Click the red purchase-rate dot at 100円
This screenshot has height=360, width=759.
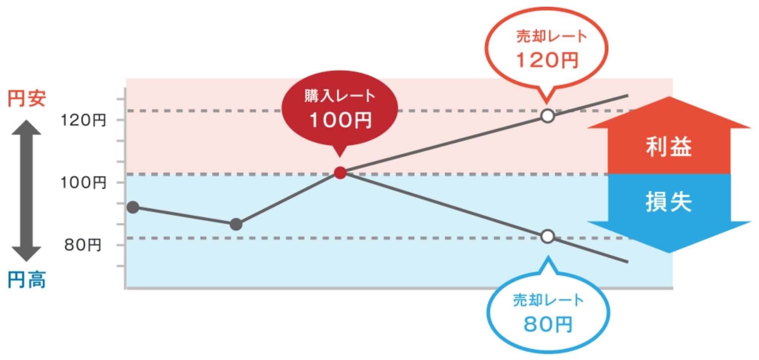pyautogui.click(x=340, y=173)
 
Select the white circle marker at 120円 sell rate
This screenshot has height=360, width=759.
pyautogui.click(x=548, y=116)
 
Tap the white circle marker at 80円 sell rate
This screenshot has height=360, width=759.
pyautogui.click(x=548, y=237)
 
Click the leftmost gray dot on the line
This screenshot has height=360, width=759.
pyautogui.click(x=133, y=208)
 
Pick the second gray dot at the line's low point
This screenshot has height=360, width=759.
pyautogui.click(x=236, y=224)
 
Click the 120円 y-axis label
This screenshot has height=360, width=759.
pyautogui.click(x=84, y=120)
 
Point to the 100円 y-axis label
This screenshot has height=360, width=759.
pyautogui.click(x=84, y=182)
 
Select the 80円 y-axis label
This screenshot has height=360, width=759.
pyautogui.click(x=83, y=245)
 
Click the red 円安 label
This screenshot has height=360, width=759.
pyautogui.click(x=27, y=99)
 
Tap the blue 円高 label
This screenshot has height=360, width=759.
pyautogui.click(x=27, y=280)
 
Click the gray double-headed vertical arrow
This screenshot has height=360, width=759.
pyautogui.click(x=26, y=190)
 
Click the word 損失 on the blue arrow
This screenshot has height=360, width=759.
pyautogui.click(x=669, y=202)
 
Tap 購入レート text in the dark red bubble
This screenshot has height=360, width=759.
pyautogui.click(x=340, y=96)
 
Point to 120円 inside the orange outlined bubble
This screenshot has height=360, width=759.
pyautogui.click(x=548, y=60)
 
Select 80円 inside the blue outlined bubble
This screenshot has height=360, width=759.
pyautogui.click(x=548, y=324)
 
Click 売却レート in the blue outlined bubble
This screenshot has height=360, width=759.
pyautogui.click(x=548, y=300)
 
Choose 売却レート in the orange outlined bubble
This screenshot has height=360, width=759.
pyautogui.click(x=552, y=36)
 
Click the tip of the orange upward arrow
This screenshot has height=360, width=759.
pyautogui.click(x=669, y=97)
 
